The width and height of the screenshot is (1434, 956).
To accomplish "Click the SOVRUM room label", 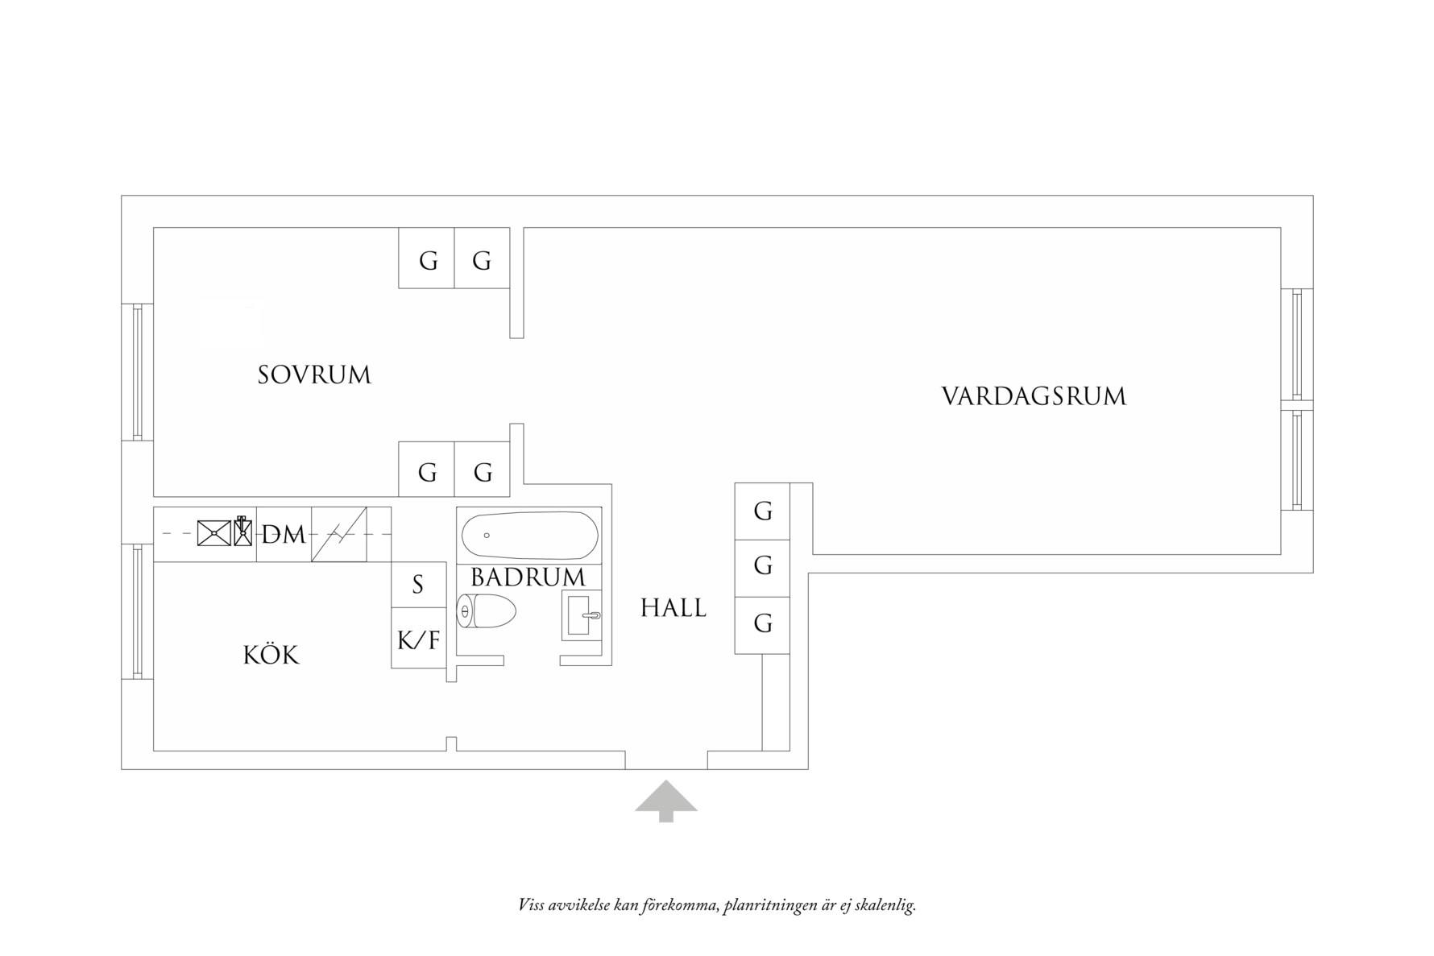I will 314,375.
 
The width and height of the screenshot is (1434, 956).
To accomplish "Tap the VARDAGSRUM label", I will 1034,396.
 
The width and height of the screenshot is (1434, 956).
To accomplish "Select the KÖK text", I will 271,656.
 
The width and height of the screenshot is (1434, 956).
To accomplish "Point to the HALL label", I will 673,608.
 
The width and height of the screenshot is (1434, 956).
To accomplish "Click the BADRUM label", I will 528,577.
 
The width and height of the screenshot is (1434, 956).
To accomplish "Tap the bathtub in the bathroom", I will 529,535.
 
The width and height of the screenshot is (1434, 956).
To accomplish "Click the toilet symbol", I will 486,611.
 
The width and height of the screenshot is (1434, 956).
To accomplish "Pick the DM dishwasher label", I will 284,534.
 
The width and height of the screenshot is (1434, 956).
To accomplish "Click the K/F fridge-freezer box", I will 419,639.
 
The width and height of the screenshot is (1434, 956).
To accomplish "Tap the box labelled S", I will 418,585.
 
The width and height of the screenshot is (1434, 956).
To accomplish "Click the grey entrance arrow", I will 666,801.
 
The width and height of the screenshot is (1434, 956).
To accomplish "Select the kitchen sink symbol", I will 214,533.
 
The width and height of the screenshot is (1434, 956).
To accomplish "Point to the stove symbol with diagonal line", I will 339,534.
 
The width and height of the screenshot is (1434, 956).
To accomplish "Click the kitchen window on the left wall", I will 138,611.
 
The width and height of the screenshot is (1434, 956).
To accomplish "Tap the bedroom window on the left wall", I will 138,371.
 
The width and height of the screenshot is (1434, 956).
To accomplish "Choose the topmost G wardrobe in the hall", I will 762,511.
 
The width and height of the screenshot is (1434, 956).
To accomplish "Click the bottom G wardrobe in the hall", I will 762,623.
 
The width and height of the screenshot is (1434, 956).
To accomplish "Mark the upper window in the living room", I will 1296,344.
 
